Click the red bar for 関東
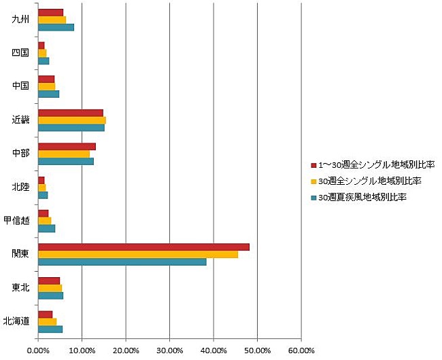tap(143, 247)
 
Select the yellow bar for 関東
tap(138, 254)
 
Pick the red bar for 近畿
tap(71, 113)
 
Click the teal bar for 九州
tap(56, 27)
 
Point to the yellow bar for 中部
tap(64, 154)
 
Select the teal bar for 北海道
tap(50, 329)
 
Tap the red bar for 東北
tap(49, 281)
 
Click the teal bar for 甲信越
tap(46, 228)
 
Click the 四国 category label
tap(21, 52)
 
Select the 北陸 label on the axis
tap(21, 186)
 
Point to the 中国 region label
tap(21, 86)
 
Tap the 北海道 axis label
tap(16, 321)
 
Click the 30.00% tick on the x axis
tap(169, 350)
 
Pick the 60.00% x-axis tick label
tap(301, 350)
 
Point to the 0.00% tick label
tap(38, 350)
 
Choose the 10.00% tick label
tap(82, 350)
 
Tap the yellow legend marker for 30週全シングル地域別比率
tap(313, 181)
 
